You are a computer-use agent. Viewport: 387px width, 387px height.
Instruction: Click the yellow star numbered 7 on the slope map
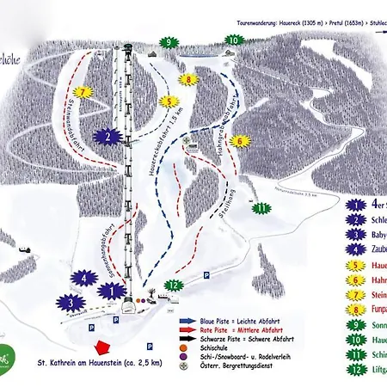click(83, 91)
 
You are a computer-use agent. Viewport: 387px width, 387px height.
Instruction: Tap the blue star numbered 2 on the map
click(106, 136)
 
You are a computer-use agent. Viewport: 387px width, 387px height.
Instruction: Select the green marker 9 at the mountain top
click(171, 41)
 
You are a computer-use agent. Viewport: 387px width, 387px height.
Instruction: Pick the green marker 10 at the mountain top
click(233, 40)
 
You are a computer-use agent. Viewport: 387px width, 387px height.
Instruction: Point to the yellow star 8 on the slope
click(188, 80)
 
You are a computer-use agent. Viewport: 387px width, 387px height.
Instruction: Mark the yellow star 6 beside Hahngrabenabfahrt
click(241, 141)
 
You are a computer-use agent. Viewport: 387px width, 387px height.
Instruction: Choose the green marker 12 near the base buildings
click(175, 285)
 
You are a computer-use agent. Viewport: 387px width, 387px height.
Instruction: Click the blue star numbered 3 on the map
click(71, 303)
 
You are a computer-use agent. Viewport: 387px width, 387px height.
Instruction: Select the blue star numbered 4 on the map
click(84, 278)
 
